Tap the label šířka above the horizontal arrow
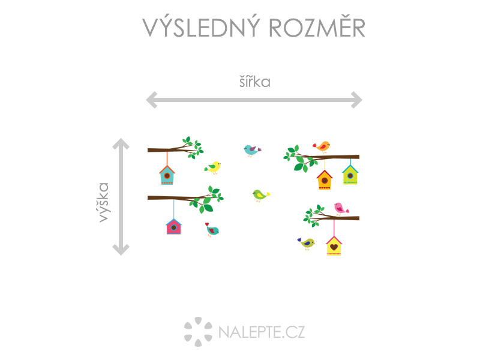pos(254,82)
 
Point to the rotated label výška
pos(105,202)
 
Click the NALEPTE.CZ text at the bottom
pos(262,331)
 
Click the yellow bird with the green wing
pos(213,167)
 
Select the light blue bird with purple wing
pos(251,150)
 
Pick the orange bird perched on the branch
pos(322,146)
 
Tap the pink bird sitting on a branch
pos(340,208)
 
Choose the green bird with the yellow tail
pos(260,194)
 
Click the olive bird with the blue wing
pos(307,242)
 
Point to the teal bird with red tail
pos(212,230)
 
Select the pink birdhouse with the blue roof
pos(173,226)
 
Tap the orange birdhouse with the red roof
pos(325,179)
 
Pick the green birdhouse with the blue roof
pos(350,175)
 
